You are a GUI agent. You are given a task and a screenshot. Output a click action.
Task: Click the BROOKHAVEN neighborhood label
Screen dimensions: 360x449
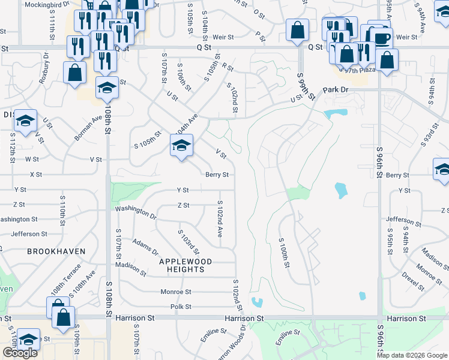(x=56, y=251)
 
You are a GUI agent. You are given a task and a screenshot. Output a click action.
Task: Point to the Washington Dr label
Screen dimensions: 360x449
(x=136, y=212)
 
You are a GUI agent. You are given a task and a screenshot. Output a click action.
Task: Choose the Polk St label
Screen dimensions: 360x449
(x=180, y=307)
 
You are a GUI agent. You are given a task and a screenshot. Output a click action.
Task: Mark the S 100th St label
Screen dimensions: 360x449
(x=285, y=253)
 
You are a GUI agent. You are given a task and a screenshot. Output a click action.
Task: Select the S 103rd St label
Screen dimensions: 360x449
(x=188, y=241)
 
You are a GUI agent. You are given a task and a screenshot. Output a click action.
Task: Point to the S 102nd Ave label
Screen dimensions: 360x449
(x=220, y=218)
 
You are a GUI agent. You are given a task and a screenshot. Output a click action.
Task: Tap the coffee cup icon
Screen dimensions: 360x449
(x=382, y=38)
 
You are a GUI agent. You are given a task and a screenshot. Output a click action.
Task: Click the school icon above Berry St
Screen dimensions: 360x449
(x=181, y=145)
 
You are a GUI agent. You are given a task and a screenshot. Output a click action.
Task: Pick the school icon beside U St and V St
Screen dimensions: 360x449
(x=26, y=121)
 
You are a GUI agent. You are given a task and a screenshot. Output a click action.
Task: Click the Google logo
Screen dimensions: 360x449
(x=20, y=353)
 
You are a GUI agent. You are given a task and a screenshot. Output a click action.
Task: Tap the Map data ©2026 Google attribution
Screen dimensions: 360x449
(x=412, y=355)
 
